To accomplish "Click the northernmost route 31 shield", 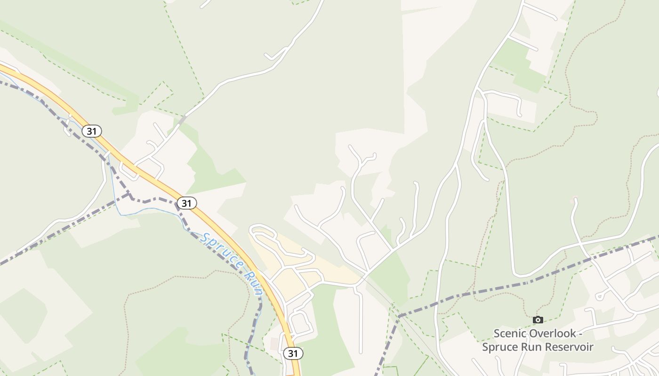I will [x=92, y=131].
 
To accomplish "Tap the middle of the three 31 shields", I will [x=187, y=203].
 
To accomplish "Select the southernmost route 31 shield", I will [x=293, y=353].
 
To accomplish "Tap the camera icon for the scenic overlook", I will [x=538, y=320].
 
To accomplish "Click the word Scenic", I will [x=510, y=334].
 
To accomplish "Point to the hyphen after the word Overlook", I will [x=580, y=334].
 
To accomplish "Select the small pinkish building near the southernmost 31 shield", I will [x=274, y=344].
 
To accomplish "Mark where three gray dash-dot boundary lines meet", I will [x=129, y=194].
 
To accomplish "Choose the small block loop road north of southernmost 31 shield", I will [x=299, y=323].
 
